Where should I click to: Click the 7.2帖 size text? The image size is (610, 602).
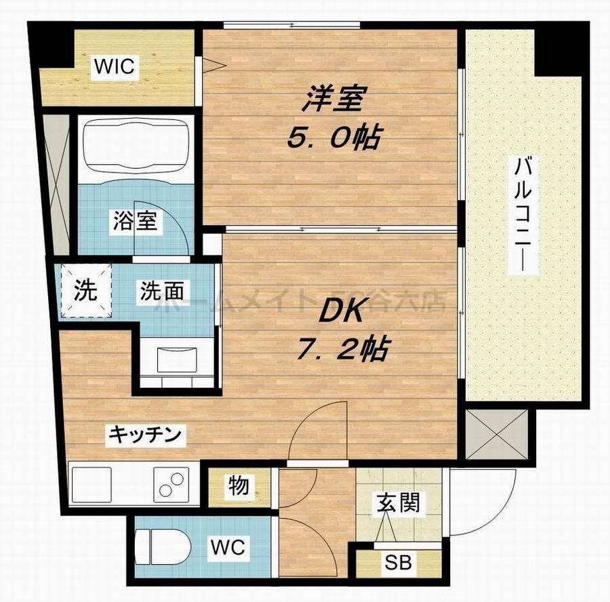(x=342, y=350)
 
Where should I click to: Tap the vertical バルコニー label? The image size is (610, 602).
(x=521, y=215)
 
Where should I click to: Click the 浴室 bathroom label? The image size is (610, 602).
(x=136, y=222)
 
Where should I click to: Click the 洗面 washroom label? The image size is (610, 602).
(x=162, y=292)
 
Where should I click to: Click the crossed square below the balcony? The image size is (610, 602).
(x=500, y=434)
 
